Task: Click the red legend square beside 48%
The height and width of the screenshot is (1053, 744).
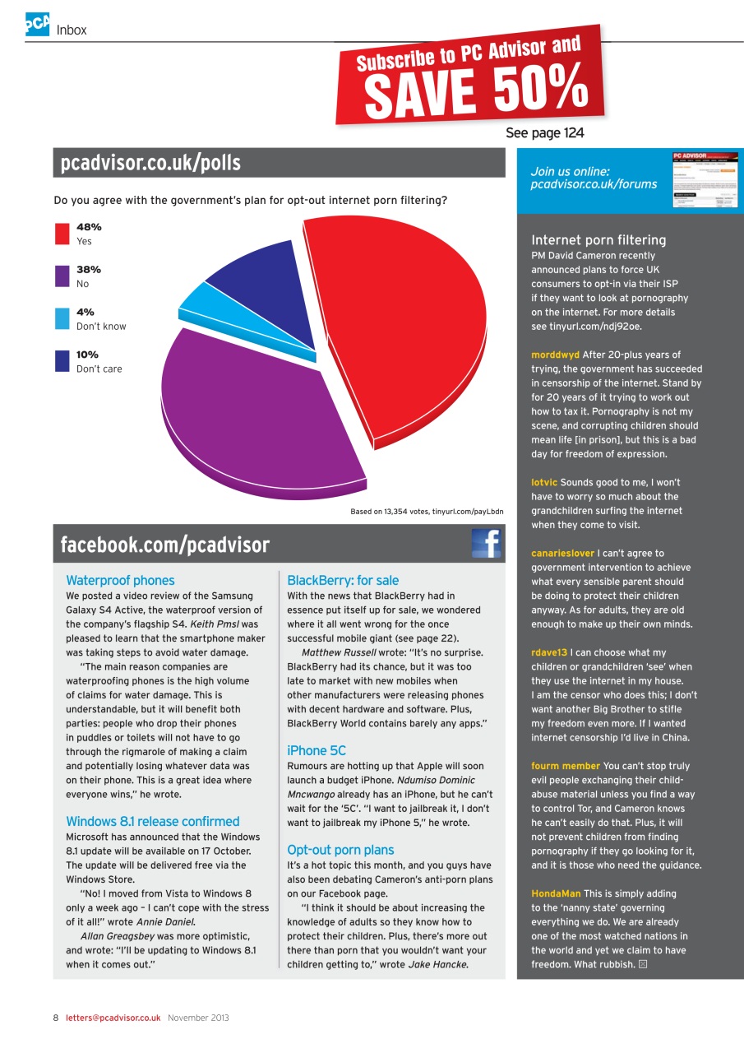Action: (62, 234)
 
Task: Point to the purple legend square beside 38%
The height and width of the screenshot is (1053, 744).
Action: (62, 276)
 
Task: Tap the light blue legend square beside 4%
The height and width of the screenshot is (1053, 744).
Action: (62, 318)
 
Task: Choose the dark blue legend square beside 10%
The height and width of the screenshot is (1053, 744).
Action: (62, 361)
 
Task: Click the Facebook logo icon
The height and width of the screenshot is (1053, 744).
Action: (487, 544)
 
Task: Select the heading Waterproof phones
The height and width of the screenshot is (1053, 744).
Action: (120, 580)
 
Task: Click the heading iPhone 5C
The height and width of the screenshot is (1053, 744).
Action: (317, 750)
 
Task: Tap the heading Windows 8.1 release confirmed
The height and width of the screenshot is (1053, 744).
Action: (152, 821)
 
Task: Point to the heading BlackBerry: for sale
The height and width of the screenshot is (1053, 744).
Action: (343, 580)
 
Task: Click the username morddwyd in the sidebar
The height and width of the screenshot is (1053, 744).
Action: (555, 355)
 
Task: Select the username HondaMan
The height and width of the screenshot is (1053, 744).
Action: (557, 893)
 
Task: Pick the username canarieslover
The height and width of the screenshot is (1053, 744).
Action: (562, 553)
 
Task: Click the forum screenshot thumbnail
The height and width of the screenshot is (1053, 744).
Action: (705, 179)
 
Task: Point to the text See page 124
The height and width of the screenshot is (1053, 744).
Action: (544, 133)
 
